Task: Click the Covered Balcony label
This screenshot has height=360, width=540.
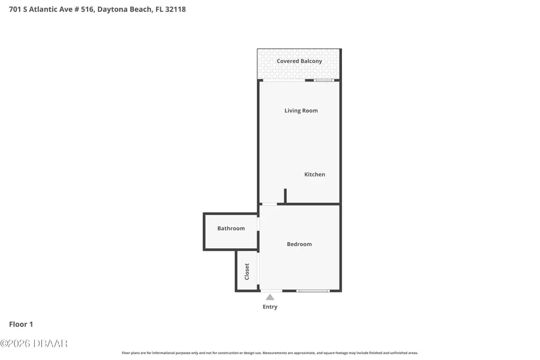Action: coord(299,61)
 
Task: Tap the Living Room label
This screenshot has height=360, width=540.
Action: coord(301,110)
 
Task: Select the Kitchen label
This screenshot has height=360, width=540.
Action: coord(314,175)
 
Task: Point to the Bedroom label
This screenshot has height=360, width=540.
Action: coord(299,244)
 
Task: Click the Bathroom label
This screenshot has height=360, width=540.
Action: coord(231,229)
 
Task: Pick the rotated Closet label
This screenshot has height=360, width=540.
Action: coord(247,271)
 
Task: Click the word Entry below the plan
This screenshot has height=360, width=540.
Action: coord(270,307)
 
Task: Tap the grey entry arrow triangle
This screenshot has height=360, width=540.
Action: coord(270,297)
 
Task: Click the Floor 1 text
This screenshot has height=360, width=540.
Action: coord(21,324)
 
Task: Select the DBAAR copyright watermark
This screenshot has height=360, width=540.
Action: coord(34,343)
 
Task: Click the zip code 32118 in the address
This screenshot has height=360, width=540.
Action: coord(175,9)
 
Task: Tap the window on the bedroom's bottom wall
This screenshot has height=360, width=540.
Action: coord(313,291)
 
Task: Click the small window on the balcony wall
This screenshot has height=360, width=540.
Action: coord(324,80)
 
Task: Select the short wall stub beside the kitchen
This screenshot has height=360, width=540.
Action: coord(285,196)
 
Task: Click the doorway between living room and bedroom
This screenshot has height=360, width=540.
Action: coord(269,205)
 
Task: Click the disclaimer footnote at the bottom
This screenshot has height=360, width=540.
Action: coord(270,353)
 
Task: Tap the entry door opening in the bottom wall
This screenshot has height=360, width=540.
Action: coord(271,291)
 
